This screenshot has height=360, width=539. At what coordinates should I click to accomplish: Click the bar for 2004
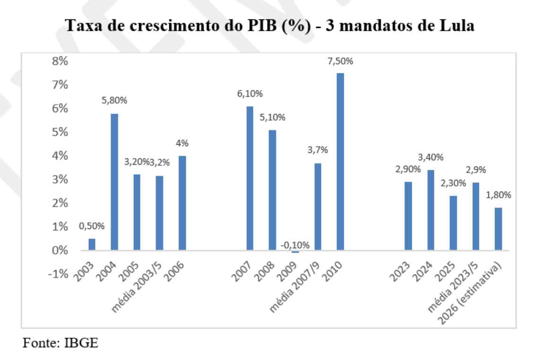[x=114, y=182]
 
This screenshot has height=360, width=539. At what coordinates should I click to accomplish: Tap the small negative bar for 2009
[x=295, y=252]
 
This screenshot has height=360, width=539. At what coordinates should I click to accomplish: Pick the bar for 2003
[x=92, y=245]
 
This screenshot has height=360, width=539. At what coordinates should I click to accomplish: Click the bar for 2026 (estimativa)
[x=498, y=229]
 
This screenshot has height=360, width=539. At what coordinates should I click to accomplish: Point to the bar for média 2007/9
[x=318, y=207]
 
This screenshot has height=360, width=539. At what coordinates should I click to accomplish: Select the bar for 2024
[x=430, y=210]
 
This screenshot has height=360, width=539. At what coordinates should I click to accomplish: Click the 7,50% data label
[x=340, y=62]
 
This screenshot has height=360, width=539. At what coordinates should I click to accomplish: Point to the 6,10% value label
[x=249, y=95]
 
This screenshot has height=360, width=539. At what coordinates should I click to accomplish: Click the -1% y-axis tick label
[x=59, y=274]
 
